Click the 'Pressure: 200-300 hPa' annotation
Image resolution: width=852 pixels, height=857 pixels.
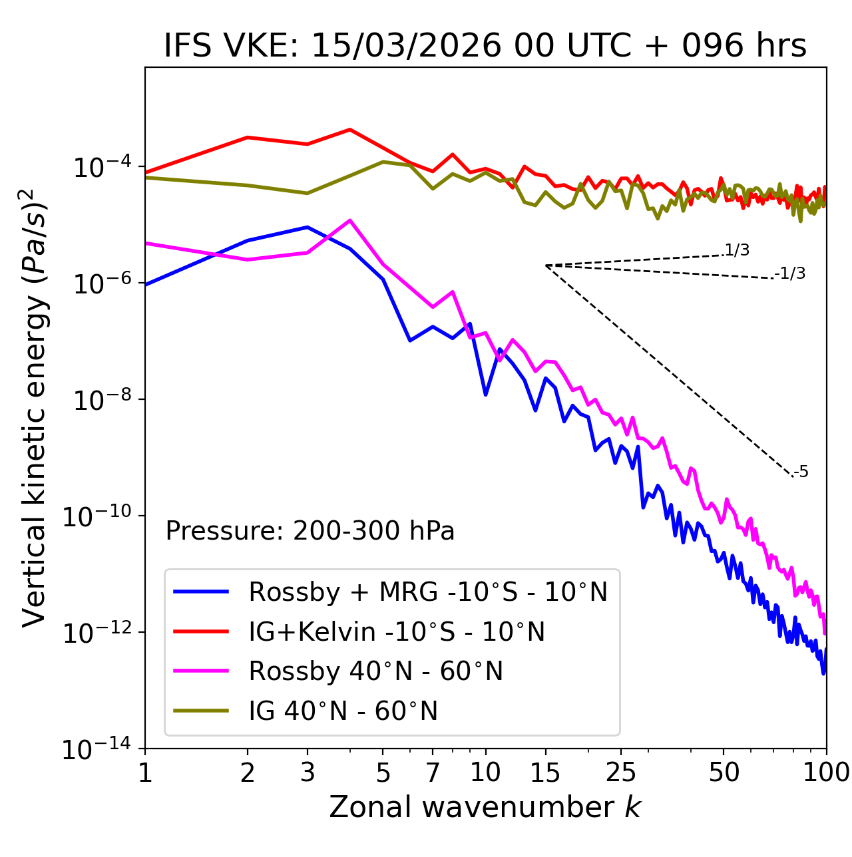click(310, 531)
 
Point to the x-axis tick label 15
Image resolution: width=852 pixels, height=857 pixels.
click(546, 772)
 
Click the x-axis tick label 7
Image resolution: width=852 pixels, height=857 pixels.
click(433, 772)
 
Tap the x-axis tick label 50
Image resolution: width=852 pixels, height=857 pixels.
click(724, 772)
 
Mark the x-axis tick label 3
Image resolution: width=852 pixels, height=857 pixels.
click(308, 772)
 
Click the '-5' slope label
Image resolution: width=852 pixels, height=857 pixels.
click(801, 472)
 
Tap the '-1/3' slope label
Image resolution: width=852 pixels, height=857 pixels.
click(791, 273)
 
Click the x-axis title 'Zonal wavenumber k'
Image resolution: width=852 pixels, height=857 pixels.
click(485, 807)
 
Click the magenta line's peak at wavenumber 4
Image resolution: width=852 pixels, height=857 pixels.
click(350, 220)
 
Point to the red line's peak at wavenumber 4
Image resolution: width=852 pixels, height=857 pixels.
click(350, 129)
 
